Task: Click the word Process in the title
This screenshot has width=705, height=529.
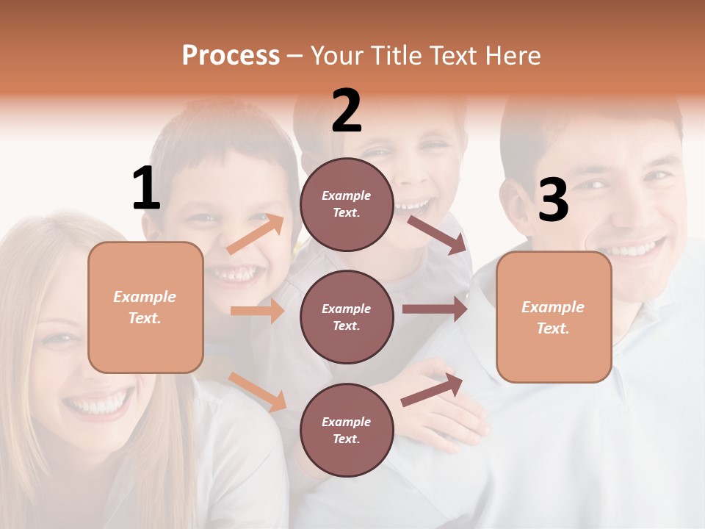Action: tap(231, 56)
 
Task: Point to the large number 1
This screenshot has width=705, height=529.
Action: tap(146, 189)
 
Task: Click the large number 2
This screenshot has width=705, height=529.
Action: tap(347, 111)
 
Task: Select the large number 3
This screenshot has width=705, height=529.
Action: tap(553, 201)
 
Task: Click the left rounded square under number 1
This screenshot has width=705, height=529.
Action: tap(145, 307)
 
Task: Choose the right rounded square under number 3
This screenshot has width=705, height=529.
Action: tap(554, 317)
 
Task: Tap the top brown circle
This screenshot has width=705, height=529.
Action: tap(347, 204)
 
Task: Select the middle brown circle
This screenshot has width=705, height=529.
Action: tap(347, 317)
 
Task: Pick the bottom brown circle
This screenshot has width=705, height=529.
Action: tap(347, 430)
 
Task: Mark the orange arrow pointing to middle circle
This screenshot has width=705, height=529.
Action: tap(257, 311)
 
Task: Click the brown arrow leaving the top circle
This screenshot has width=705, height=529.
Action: tap(437, 234)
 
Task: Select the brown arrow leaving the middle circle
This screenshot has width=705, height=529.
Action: tap(435, 309)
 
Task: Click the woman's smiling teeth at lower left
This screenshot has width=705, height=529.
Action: tap(98, 405)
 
